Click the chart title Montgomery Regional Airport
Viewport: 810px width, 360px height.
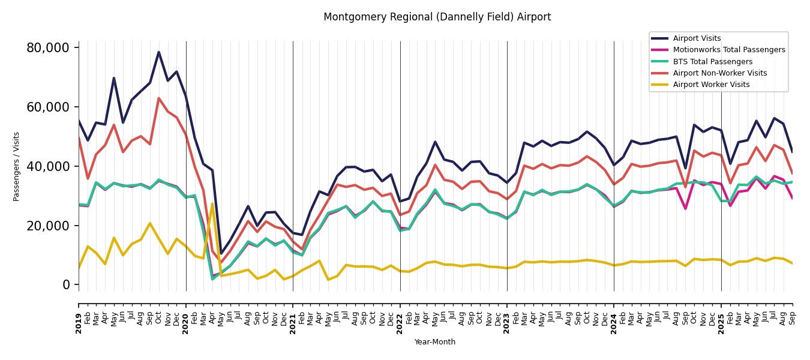coord(437,17)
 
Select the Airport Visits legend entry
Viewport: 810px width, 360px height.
coord(697,38)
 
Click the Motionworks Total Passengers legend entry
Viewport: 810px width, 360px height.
coord(728,50)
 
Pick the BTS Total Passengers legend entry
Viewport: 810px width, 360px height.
coord(712,62)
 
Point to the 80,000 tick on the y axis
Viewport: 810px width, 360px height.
coord(52,48)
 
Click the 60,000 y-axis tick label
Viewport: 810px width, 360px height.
coord(52,107)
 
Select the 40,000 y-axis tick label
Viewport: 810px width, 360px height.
coord(52,166)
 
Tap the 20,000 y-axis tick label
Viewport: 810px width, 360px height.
coord(52,226)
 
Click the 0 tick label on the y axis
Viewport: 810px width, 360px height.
coord(67,285)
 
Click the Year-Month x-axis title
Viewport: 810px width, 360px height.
coord(435,342)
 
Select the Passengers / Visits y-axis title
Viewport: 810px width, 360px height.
coord(17,166)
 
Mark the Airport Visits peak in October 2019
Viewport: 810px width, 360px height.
coord(159,52)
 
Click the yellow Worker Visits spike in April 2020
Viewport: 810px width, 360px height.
coord(212,204)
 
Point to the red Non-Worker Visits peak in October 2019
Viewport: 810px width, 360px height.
coord(159,98)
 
